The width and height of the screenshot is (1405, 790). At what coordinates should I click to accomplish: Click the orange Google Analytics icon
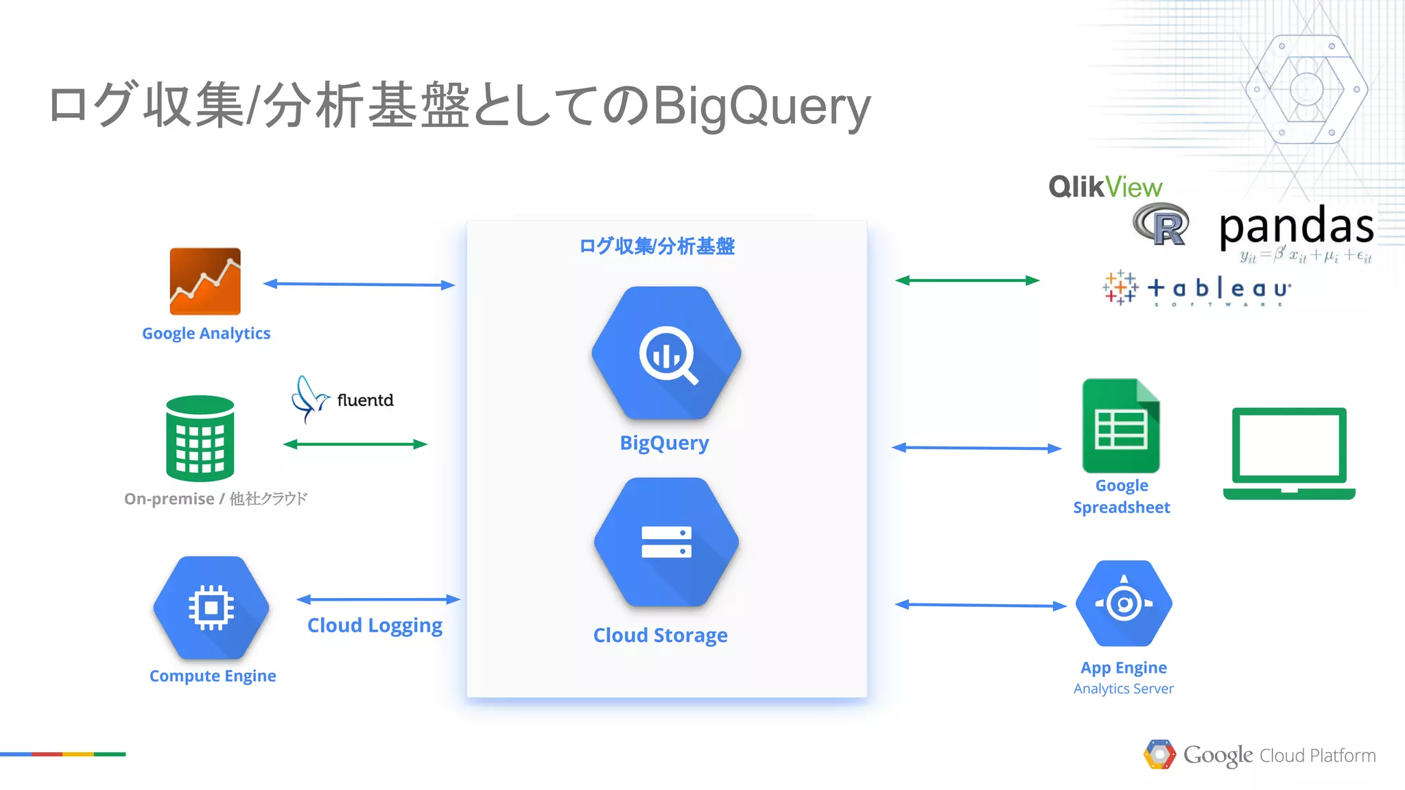[x=205, y=281]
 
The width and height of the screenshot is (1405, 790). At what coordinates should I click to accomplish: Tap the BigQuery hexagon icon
[x=666, y=352]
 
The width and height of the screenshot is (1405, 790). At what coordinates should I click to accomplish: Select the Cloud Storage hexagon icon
[x=666, y=542]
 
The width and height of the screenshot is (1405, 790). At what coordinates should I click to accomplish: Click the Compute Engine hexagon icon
[x=211, y=608]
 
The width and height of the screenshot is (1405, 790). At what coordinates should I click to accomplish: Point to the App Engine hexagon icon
[x=1124, y=603]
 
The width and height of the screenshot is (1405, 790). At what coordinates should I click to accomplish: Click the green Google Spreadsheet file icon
[x=1121, y=426]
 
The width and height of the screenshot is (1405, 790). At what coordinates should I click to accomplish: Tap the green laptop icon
[x=1289, y=453]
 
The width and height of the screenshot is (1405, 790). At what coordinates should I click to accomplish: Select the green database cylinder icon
[x=200, y=438]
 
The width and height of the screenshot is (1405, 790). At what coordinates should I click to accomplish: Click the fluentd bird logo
[x=309, y=398]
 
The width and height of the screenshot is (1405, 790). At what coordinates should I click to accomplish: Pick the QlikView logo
[x=1105, y=187]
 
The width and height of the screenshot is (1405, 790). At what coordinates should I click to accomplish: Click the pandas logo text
[x=1296, y=226]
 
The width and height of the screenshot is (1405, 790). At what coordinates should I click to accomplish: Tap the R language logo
[x=1161, y=224]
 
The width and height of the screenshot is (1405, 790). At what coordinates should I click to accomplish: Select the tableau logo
[x=1197, y=288]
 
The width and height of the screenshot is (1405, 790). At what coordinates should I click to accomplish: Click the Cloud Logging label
[x=375, y=625]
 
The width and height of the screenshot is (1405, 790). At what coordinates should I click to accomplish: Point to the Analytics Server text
[x=1123, y=689]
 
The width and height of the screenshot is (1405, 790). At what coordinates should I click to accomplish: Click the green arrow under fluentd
[x=355, y=444]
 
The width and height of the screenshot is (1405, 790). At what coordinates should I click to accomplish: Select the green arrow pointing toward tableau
[x=967, y=280]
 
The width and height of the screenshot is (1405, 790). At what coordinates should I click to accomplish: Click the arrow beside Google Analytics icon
[x=359, y=284]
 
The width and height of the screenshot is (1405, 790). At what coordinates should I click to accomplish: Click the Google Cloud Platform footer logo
[x=1260, y=755]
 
